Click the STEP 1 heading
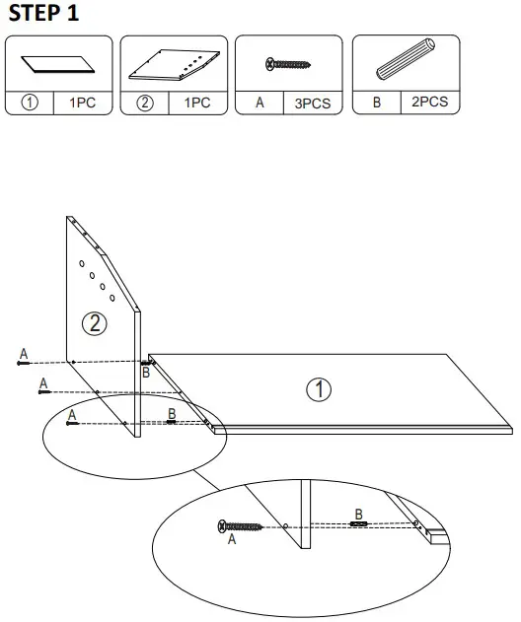(x=43, y=14)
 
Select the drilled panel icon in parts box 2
(x=173, y=65)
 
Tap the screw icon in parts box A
(x=288, y=64)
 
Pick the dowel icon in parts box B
(x=404, y=64)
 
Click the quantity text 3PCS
(x=313, y=103)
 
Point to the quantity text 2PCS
(x=429, y=102)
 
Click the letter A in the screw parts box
(x=260, y=103)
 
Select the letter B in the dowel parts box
(x=377, y=102)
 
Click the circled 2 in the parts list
(x=145, y=103)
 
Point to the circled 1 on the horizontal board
(x=318, y=390)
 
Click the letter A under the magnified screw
(x=232, y=540)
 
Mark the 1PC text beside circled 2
(x=197, y=103)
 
